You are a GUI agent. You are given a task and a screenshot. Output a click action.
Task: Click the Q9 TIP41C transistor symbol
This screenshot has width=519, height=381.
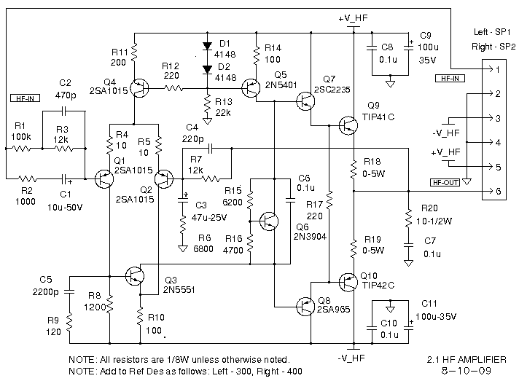click(348, 126)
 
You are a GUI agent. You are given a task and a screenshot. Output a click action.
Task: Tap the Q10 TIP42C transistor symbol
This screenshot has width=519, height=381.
click(348, 282)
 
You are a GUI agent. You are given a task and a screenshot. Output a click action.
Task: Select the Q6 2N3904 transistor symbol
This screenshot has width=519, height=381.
click(269, 221)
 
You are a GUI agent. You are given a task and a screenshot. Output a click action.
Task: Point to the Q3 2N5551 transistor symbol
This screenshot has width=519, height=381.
click(135, 276)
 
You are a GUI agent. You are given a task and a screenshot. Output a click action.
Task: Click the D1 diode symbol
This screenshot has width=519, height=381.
click(208, 46)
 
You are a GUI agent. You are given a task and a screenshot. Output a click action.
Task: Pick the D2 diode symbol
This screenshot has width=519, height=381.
click(208, 69)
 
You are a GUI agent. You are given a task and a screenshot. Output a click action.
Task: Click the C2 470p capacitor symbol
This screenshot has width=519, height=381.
click(64, 111)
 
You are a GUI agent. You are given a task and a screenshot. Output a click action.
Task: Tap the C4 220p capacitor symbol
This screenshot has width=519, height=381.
click(210, 149)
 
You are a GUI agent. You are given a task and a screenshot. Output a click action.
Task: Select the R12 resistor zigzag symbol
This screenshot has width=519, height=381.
click(173, 88)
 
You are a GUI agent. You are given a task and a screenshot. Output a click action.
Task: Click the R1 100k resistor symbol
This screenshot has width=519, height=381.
click(22, 149)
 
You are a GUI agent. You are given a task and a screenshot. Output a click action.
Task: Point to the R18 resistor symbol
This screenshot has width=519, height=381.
click(354, 169)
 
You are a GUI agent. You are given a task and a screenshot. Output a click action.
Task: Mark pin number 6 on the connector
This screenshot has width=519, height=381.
click(499, 191)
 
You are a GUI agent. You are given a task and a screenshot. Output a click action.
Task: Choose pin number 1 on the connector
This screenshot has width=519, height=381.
click(498, 70)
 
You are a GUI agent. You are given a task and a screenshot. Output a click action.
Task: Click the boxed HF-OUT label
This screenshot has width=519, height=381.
click(445, 182)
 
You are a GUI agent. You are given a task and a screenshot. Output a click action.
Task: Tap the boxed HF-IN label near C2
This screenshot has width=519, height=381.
click(26, 98)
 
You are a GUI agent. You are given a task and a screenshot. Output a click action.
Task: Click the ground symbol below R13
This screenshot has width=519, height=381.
click(208, 121)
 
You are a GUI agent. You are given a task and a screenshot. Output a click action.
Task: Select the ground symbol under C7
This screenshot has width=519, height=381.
click(409, 263)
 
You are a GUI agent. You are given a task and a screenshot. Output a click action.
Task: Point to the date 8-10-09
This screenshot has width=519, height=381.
click(467, 371)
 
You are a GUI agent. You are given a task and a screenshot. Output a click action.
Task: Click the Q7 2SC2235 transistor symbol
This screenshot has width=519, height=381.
click(305, 101)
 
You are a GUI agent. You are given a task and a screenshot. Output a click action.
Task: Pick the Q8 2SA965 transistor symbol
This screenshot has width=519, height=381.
click(305, 307)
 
